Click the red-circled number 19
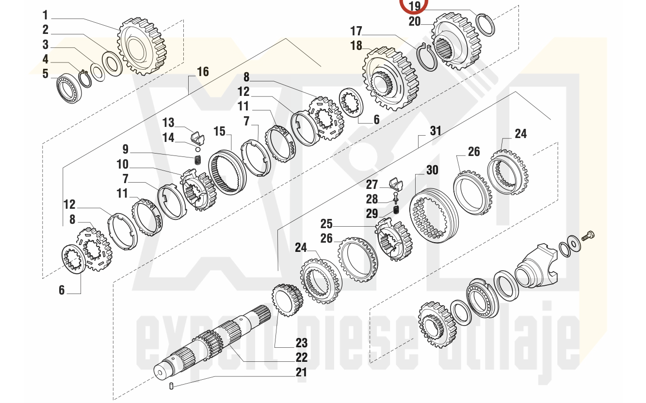coord(415,6)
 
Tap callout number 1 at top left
coord(45,15)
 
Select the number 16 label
coord(203,72)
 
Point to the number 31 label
coord(436,131)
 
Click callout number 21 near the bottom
coord(301,372)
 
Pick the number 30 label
coord(432,170)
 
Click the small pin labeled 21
coord(171,385)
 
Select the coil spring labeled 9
coord(198,160)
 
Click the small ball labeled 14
coord(198,149)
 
